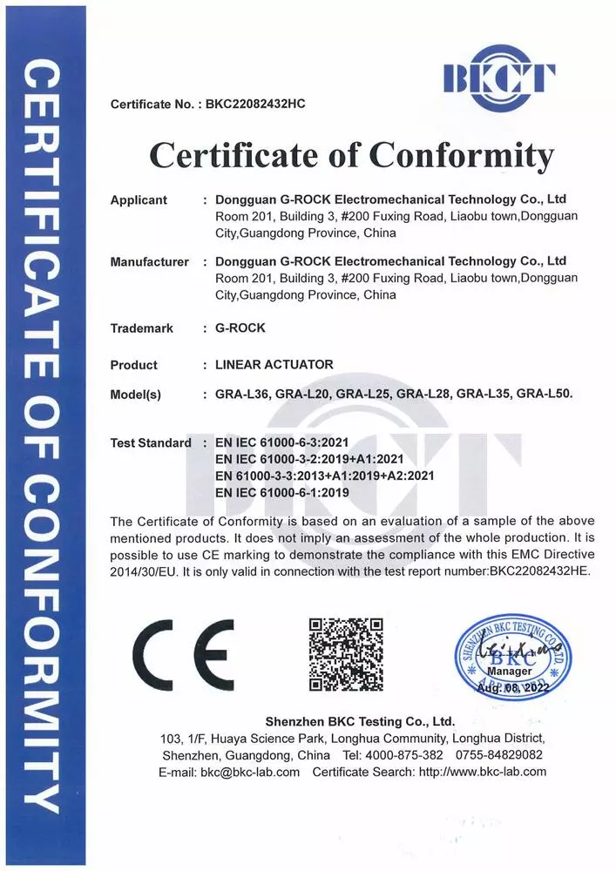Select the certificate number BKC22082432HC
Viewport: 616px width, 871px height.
point(255,105)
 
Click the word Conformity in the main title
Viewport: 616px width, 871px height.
point(461,156)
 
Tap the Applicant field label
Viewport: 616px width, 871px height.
point(139,200)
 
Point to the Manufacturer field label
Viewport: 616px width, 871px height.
point(149,261)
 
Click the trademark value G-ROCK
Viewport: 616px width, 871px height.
point(240,328)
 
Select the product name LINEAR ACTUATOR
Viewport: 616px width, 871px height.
point(274,364)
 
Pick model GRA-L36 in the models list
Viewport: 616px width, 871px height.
point(241,394)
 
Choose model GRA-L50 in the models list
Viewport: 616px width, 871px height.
point(544,394)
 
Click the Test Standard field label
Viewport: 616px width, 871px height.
point(151,442)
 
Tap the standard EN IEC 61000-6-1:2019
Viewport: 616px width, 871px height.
point(281,492)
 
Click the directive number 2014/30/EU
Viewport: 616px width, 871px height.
point(142,571)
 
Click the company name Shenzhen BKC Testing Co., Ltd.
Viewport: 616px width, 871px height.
point(359,721)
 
